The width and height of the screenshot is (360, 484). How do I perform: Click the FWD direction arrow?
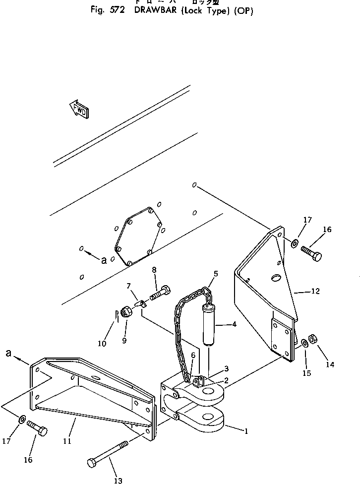point(79,109)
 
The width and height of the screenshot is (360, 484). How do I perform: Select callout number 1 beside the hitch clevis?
point(246,430)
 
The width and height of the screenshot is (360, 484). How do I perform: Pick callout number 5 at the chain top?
point(216,273)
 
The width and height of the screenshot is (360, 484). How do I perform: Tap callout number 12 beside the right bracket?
point(315,292)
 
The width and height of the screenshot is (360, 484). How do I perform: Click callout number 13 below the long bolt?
point(118,480)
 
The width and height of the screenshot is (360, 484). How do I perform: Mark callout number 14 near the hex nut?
point(330,364)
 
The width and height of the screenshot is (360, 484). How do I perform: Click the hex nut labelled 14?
point(313,339)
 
